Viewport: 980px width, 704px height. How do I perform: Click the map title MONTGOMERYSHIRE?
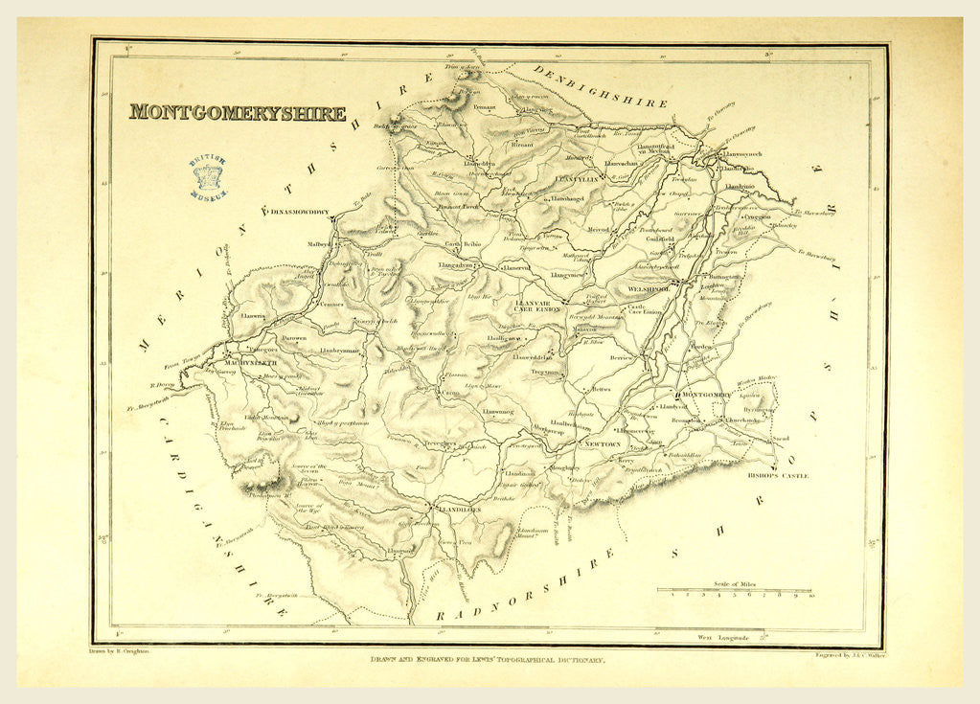(x=238, y=112)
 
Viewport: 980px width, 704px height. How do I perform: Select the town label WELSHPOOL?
(x=652, y=287)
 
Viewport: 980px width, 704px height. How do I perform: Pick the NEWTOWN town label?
(x=603, y=444)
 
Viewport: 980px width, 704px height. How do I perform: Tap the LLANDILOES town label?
(x=459, y=511)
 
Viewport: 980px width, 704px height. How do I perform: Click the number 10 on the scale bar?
(x=811, y=596)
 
